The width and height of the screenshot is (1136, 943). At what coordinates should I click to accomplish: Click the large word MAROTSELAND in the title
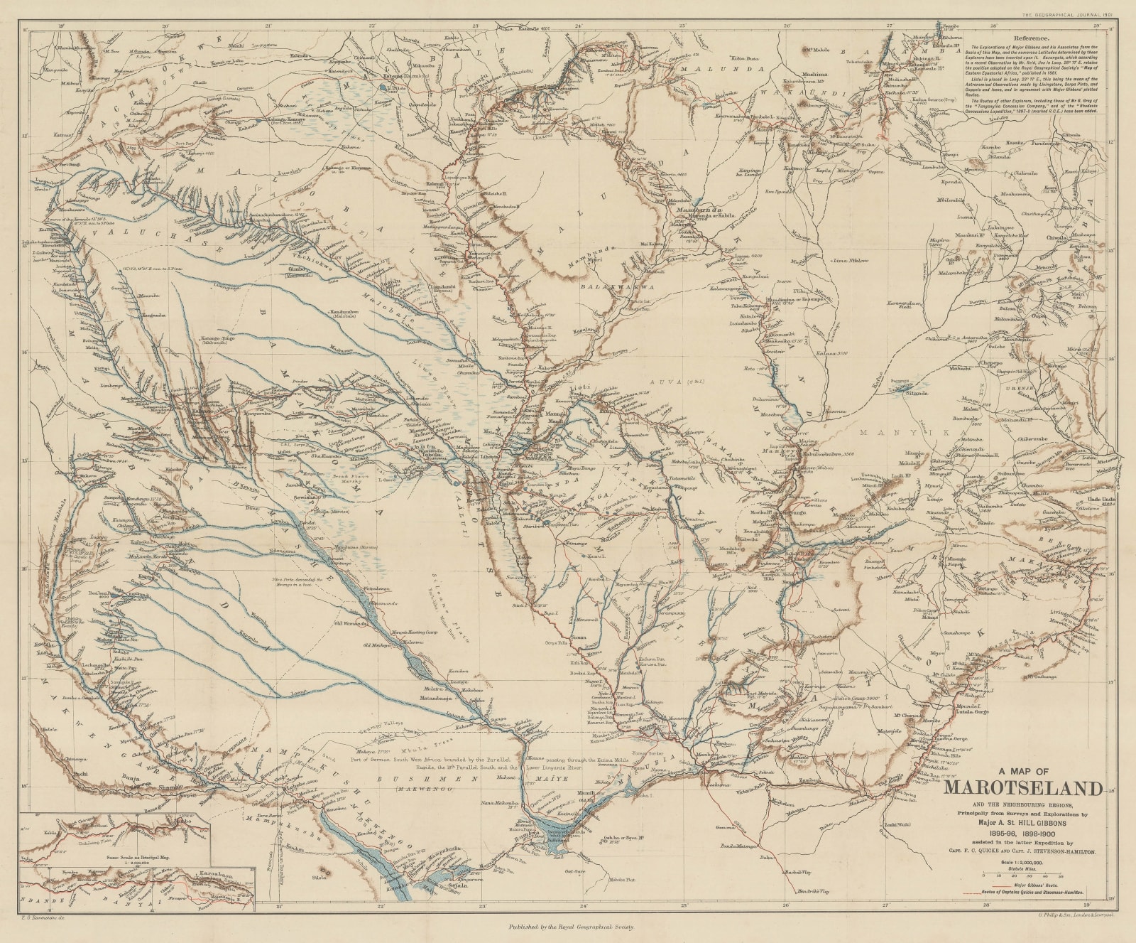1023,789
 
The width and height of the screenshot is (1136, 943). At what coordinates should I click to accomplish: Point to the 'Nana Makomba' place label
501,804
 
